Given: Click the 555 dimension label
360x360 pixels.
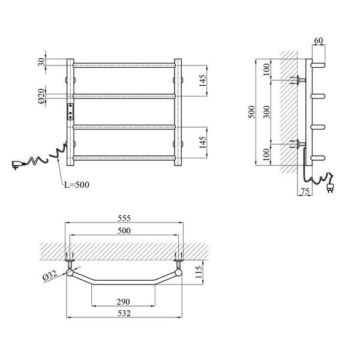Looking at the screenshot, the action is point(124,218).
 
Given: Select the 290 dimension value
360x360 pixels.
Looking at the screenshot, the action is point(123,302).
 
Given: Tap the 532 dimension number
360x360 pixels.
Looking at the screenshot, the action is point(124,313).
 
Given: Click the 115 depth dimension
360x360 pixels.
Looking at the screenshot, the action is point(199,272).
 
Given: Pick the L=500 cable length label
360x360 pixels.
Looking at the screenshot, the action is point(76,185).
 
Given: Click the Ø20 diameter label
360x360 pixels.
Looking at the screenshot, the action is point(41,96).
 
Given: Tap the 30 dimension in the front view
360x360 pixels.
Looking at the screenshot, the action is point(41,62).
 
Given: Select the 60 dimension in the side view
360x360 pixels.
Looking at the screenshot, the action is point(318,40).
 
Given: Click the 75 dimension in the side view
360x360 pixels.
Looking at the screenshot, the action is point(305,191).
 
